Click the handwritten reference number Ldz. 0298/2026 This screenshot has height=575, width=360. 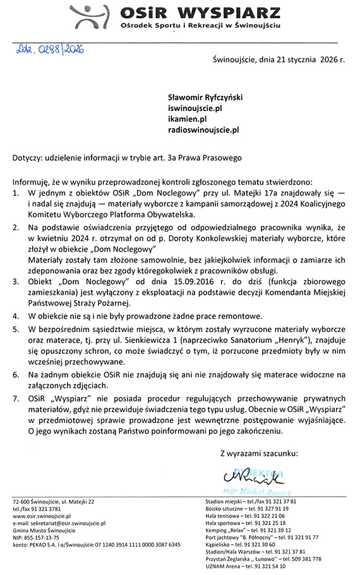coord(47,48)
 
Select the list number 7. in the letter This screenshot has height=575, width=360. coord(16,400)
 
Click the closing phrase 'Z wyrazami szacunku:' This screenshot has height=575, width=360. coord(261,453)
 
